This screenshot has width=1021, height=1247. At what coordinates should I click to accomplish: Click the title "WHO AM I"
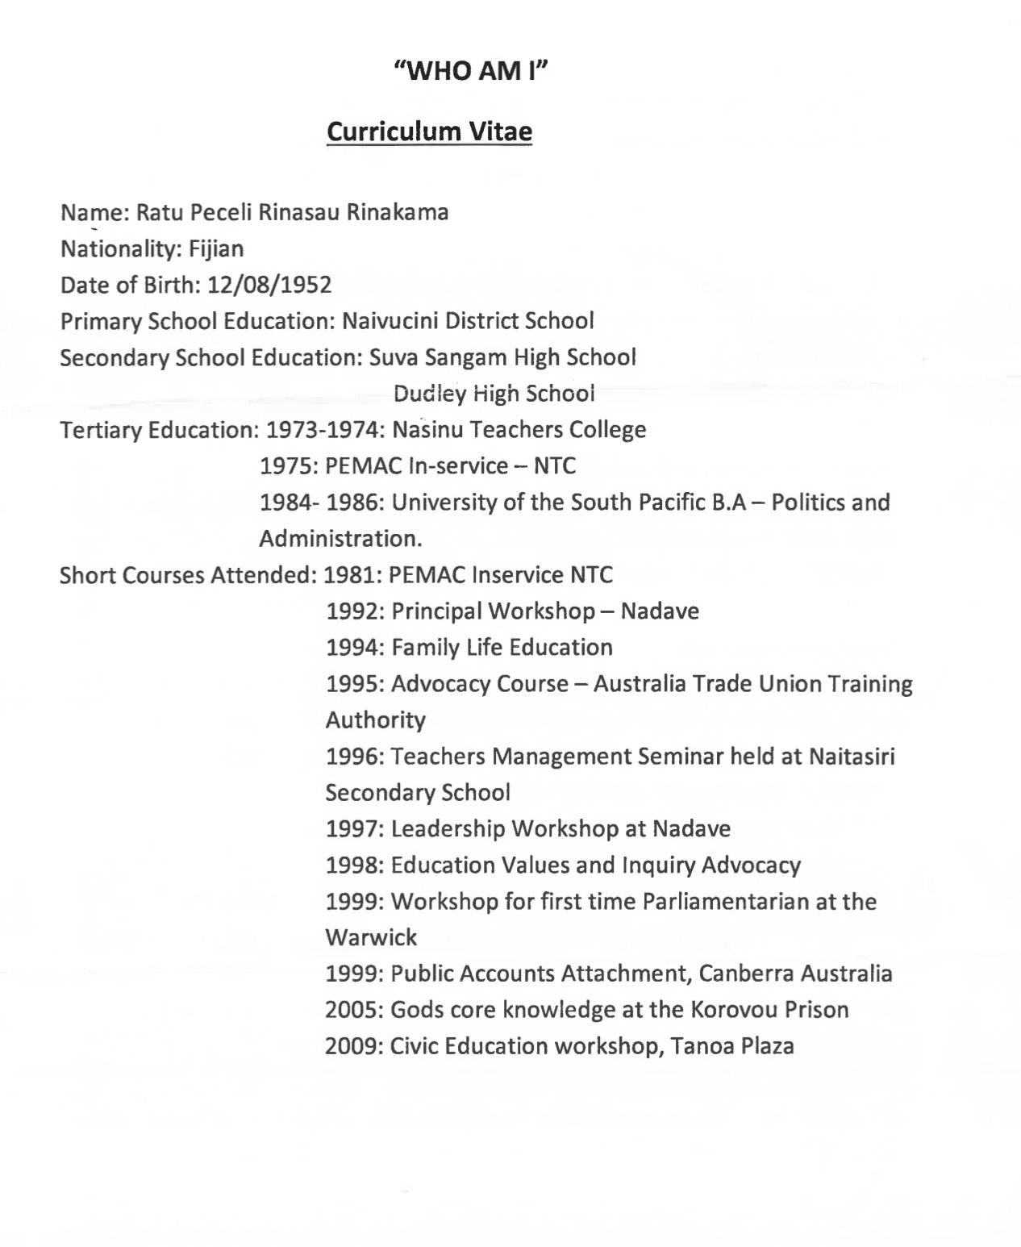(472, 71)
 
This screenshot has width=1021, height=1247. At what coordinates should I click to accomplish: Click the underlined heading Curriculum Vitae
(429, 131)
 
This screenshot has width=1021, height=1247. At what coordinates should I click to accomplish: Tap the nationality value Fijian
(216, 248)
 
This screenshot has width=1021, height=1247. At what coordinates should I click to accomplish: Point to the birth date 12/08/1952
(269, 285)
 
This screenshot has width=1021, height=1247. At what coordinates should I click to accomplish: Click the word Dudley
(431, 394)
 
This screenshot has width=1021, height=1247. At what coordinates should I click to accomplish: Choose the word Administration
(340, 539)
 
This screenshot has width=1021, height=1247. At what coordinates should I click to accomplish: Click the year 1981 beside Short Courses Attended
(352, 575)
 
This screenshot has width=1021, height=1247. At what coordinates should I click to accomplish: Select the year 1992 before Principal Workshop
(355, 611)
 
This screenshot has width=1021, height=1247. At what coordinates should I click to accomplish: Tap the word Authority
(375, 720)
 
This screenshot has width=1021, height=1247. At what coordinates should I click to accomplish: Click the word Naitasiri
(852, 757)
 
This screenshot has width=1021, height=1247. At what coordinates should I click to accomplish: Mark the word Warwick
(371, 937)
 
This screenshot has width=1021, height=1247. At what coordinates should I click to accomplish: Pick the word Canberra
(746, 974)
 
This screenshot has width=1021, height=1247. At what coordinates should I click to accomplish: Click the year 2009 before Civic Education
(354, 1046)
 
